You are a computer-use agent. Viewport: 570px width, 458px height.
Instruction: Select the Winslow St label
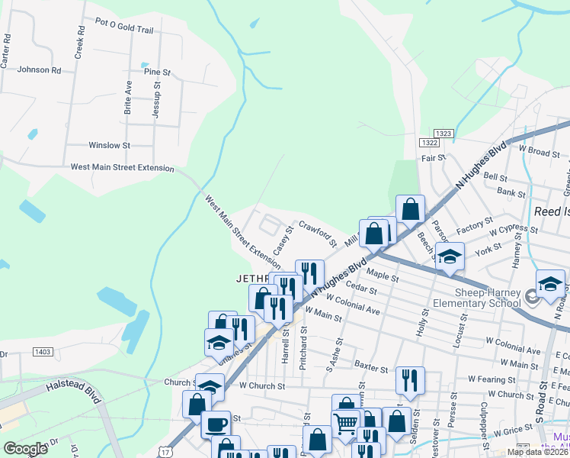point(110,144)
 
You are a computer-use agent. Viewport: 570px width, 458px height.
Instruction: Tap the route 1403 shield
point(43,351)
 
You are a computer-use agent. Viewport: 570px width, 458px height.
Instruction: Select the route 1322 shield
point(428,143)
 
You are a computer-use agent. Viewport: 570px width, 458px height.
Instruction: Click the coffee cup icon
point(216,424)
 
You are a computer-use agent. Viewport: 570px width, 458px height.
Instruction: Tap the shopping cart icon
point(345,423)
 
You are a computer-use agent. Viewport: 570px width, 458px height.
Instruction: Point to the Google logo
point(25,448)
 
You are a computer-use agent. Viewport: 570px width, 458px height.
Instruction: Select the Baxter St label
point(372,368)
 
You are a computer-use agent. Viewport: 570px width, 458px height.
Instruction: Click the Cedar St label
point(361,289)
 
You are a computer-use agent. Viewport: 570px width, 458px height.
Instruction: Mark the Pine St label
point(157,72)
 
